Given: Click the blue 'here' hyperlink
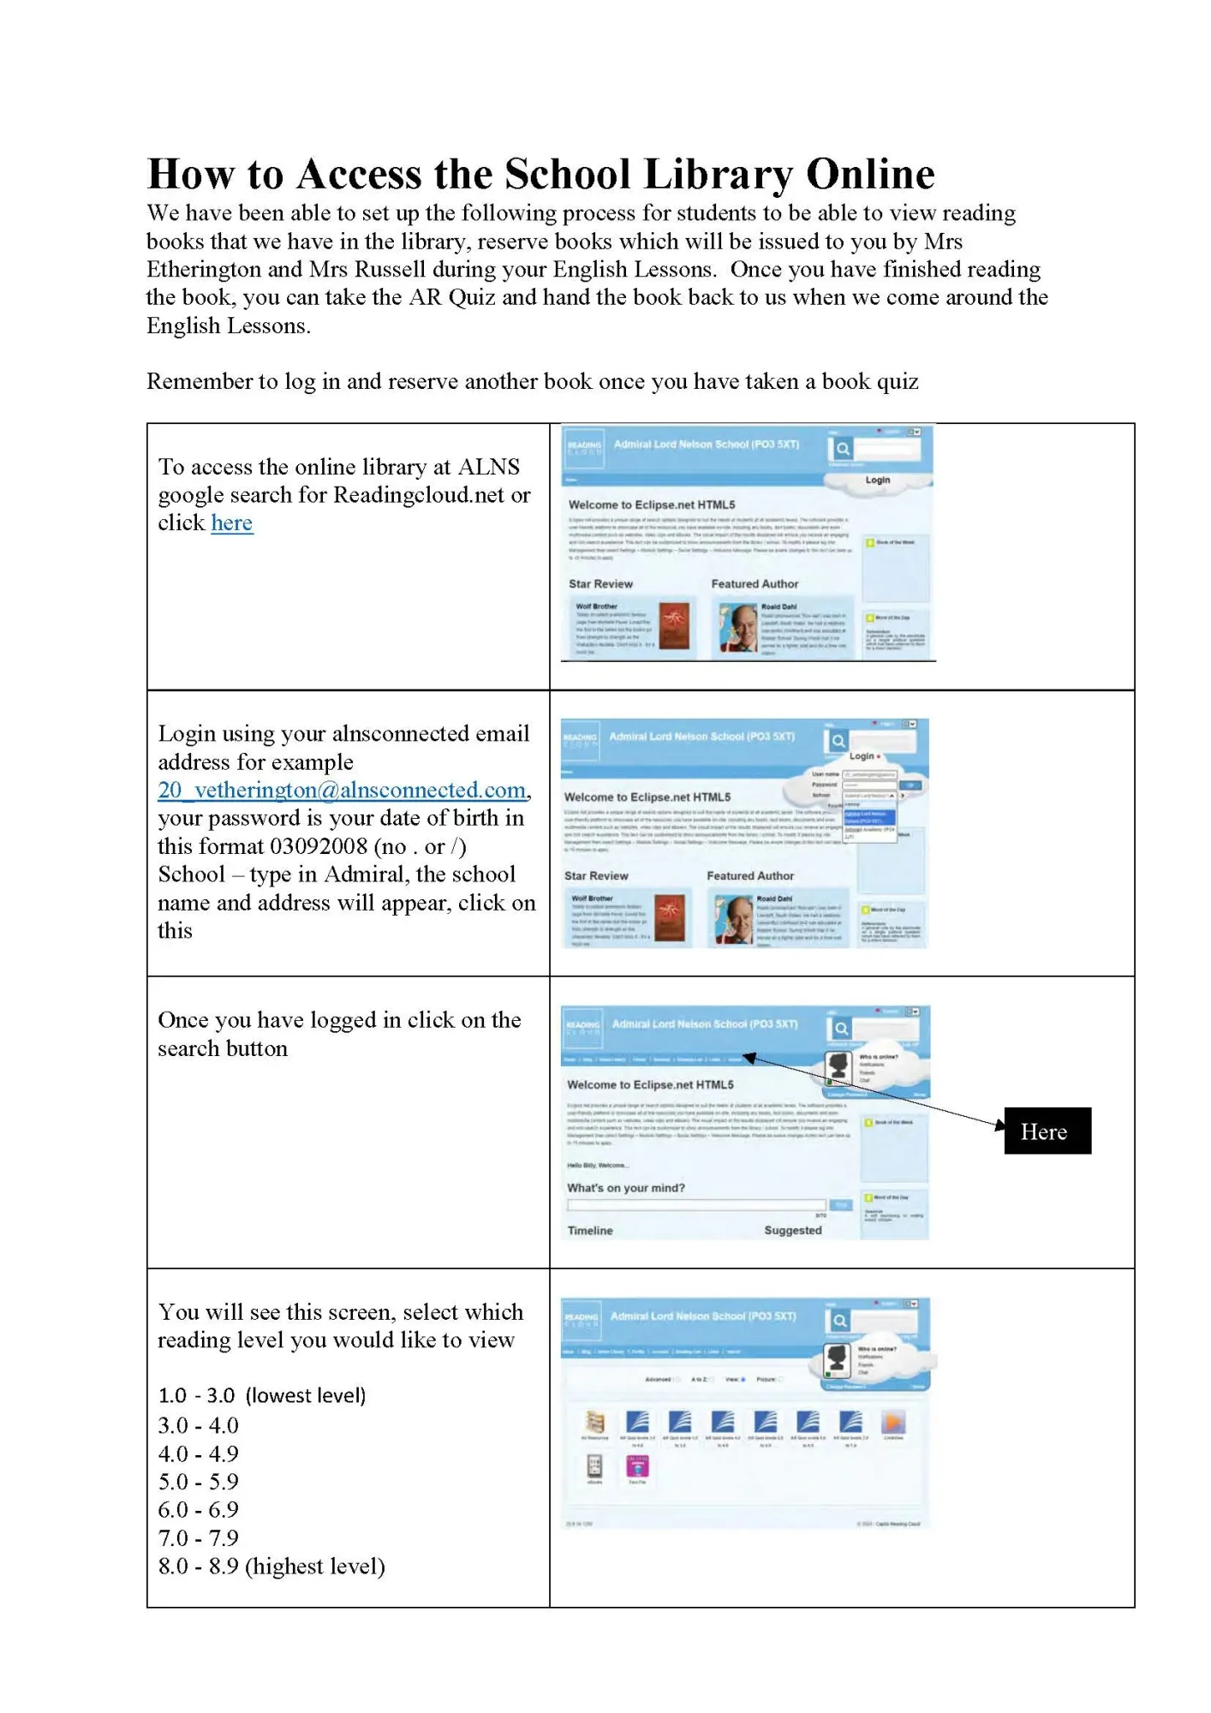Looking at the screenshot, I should pyautogui.click(x=231, y=523).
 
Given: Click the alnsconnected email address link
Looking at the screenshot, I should pyautogui.click(x=343, y=790).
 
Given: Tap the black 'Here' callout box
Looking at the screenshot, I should pyautogui.click(x=1047, y=1131).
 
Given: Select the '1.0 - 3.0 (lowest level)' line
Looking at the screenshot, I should pyautogui.click(x=261, y=1395).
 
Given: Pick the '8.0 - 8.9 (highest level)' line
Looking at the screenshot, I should pyautogui.click(x=271, y=1566).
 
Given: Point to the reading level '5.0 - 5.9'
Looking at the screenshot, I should pyautogui.click(x=198, y=1481).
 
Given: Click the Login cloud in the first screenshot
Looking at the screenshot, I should pyautogui.click(x=877, y=480).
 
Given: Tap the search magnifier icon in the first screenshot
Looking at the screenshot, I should pyautogui.click(x=842, y=448).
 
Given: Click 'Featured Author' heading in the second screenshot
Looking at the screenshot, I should pyautogui.click(x=749, y=875).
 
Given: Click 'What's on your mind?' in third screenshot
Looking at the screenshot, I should pyautogui.click(x=625, y=1188).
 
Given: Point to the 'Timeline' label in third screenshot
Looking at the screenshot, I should pyautogui.click(x=589, y=1230).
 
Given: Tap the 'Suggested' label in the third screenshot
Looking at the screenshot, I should pyautogui.click(x=792, y=1230).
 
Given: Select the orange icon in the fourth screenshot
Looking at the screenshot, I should pyautogui.click(x=893, y=1423).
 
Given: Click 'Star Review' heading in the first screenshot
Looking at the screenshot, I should pyautogui.click(x=600, y=584).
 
